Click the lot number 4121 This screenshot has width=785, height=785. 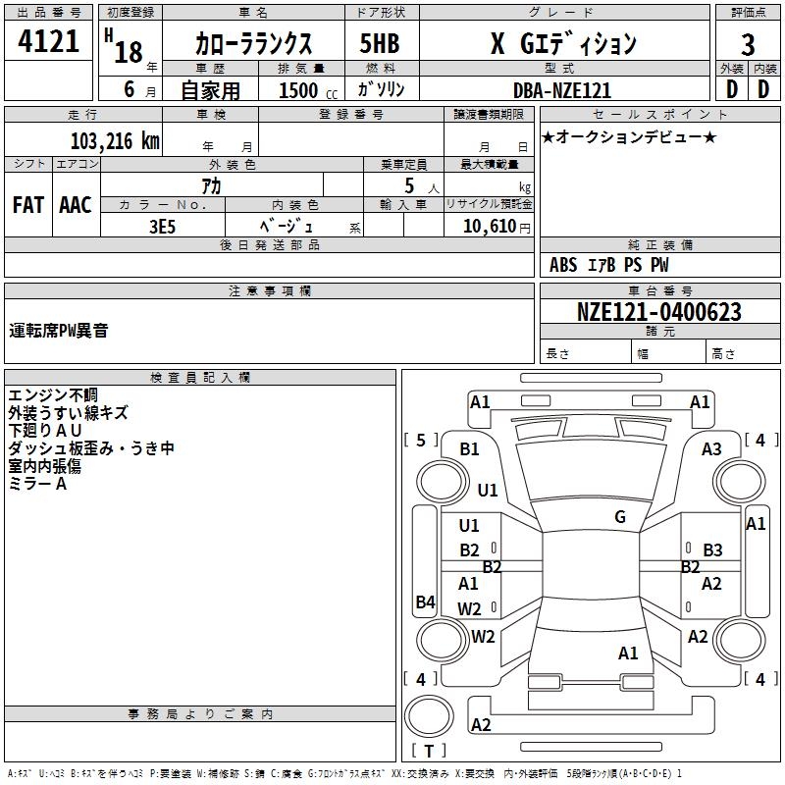pyautogui.click(x=49, y=44)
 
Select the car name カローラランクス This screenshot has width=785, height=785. pyautogui.click(x=253, y=44)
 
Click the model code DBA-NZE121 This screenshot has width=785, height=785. pyautogui.click(x=562, y=90)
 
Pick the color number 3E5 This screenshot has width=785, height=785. pyautogui.click(x=162, y=226)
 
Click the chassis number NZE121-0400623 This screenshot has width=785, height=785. pyautogui.click(x=658, y=313)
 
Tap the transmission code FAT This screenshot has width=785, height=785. pyautogui.click(x=27, y=205)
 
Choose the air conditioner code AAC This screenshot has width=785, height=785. pyautogui.click(x=75, y=205)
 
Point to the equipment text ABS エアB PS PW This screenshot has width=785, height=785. pyautogui.click(x=608, y=265)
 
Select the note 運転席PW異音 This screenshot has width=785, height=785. pyautogui.click(x=59, y=331)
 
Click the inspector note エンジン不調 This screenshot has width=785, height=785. pyautogui.click(x=47, y=395)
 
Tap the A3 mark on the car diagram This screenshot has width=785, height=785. pyautogui.click(x=711, y=449)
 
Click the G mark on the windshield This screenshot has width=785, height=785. pyautogui.click(x=620, y=517)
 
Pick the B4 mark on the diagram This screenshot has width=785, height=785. pyautogui.click(x=425, y=602)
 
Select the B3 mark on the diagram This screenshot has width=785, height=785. pyautogui.click(x=712, y=549)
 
